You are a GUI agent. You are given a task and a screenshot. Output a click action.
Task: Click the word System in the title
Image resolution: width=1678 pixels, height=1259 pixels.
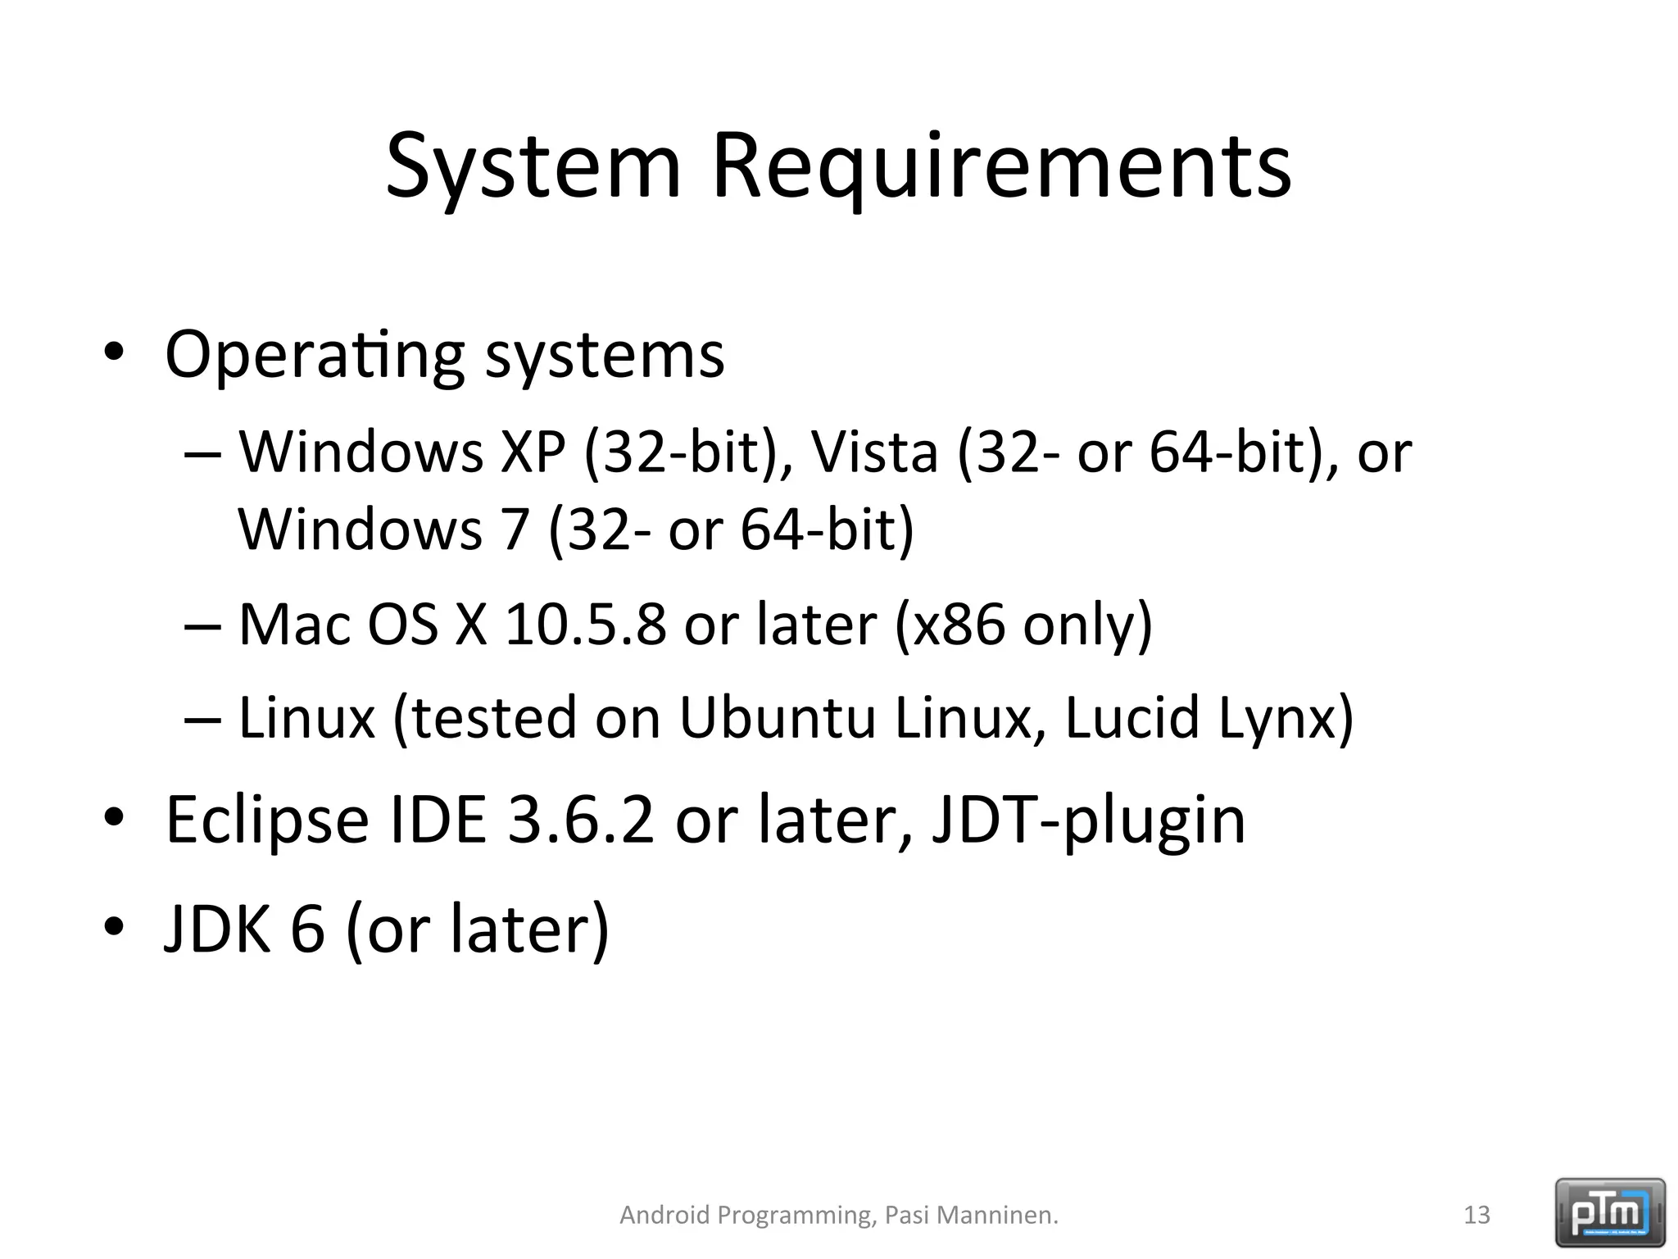(x=533, y=168)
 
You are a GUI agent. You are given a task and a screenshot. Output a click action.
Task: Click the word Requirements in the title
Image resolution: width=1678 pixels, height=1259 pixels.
(x=1001, y=168)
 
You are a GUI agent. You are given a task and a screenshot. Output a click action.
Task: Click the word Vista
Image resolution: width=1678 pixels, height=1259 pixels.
(x=873, y=452)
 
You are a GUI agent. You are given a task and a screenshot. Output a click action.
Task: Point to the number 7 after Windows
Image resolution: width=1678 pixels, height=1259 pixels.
(x=515, y=530)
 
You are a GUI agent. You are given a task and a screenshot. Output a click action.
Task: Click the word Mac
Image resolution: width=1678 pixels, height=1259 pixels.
(x=294, y=625)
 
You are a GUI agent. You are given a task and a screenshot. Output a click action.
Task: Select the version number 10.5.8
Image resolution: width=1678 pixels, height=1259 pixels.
(x=585, y=625)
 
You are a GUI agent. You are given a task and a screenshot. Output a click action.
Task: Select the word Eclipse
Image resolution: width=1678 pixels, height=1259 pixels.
(x=267, y=821)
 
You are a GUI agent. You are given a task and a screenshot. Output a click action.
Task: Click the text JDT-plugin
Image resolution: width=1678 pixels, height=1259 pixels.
(x=1089, y=821)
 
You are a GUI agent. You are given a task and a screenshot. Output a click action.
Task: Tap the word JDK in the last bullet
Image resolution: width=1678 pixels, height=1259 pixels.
(x=217, y=929)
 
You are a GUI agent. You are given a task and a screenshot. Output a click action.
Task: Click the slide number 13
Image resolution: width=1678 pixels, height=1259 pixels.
(x=1476, y=1215)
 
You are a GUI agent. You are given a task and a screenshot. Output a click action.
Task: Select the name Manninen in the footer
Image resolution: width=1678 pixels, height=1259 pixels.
(x=996, y=1215)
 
